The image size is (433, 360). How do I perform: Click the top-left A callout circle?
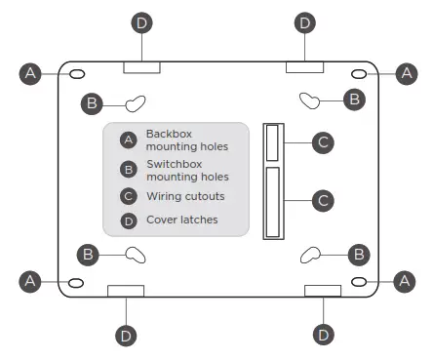[x=32, y=73]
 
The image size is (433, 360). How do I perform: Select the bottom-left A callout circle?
[x=32, y=280]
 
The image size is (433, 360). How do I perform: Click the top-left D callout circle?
[x=143, y=22]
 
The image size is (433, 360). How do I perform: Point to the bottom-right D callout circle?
[x=323, y=335]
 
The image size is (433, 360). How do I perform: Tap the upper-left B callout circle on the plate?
[x=91, y=101]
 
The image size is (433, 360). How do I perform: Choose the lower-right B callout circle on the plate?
[x=358, y=254]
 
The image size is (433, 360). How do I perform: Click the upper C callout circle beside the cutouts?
[x=323, y=142]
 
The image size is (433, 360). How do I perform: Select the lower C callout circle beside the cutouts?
[x=323, y=200]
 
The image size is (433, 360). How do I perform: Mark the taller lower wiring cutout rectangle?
[x=273, y=202]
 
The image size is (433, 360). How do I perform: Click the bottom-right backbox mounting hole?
[x=360, y=281]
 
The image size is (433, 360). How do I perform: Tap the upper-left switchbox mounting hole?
[x=136, y=101]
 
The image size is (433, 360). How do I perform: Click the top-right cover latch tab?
[x=303, y=66]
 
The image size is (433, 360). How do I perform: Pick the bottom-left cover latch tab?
[x=126, y=291]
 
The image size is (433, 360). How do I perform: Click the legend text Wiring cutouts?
[x=185, y=196]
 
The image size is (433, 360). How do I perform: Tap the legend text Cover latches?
[x=182, y=220]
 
